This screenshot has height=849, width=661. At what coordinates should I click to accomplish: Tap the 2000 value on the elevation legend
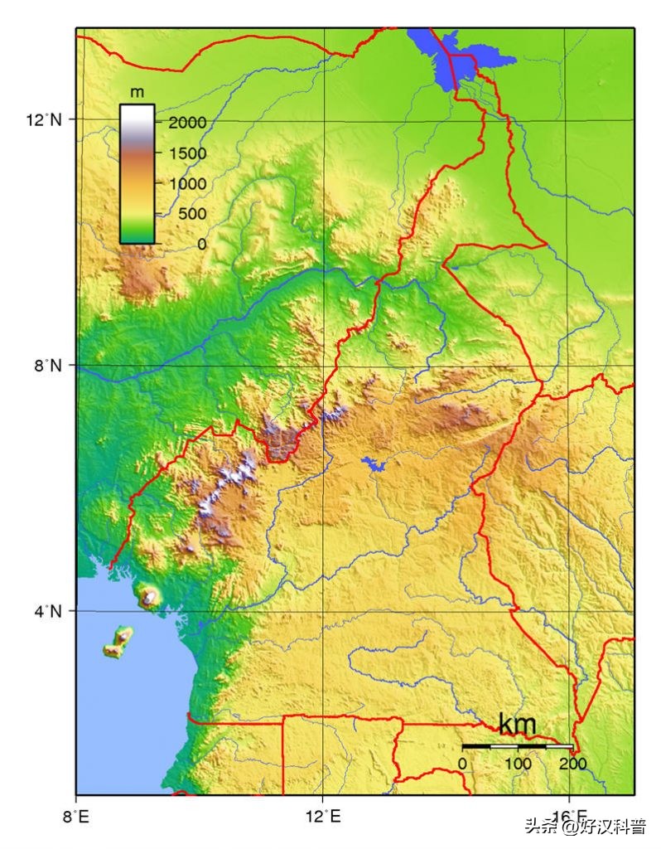click(188, 123)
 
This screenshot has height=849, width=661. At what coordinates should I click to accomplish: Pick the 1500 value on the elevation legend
click(188, 153)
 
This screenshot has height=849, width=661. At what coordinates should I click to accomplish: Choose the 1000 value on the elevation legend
click(188, 184)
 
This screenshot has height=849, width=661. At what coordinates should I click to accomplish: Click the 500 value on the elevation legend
click(188, 214)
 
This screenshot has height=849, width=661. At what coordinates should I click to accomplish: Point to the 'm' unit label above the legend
click(137, 90)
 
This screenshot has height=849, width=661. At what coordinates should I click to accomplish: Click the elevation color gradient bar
click(137, 174)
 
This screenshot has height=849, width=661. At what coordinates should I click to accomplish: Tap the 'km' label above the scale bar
click(518, 724)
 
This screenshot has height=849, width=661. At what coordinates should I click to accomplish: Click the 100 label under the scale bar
click(518, 763)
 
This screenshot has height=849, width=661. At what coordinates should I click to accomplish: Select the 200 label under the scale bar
click(572, 763)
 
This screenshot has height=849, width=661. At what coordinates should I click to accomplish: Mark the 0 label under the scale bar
click(462, 763)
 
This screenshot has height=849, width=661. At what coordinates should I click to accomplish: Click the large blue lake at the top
click(464, 56)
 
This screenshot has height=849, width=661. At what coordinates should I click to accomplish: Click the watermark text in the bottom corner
click(593, 827)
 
